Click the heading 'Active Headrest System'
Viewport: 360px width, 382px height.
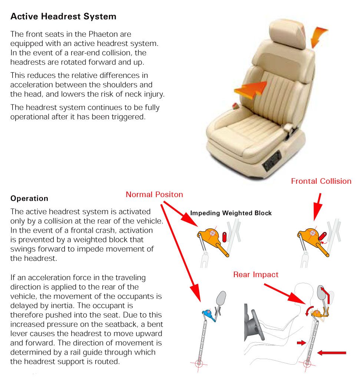click(63, 17)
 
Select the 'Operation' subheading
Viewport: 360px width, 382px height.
click(29, 199)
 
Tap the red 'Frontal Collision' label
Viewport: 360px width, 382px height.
click(321, 181)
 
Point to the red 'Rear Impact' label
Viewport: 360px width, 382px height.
click(255, 275)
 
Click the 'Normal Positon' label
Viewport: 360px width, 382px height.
click(154, 195)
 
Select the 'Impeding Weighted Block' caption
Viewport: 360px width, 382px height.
click(231, 213)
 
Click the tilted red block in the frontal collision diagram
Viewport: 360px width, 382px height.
click(321, 236)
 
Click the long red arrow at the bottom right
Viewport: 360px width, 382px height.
click(331, 353)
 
